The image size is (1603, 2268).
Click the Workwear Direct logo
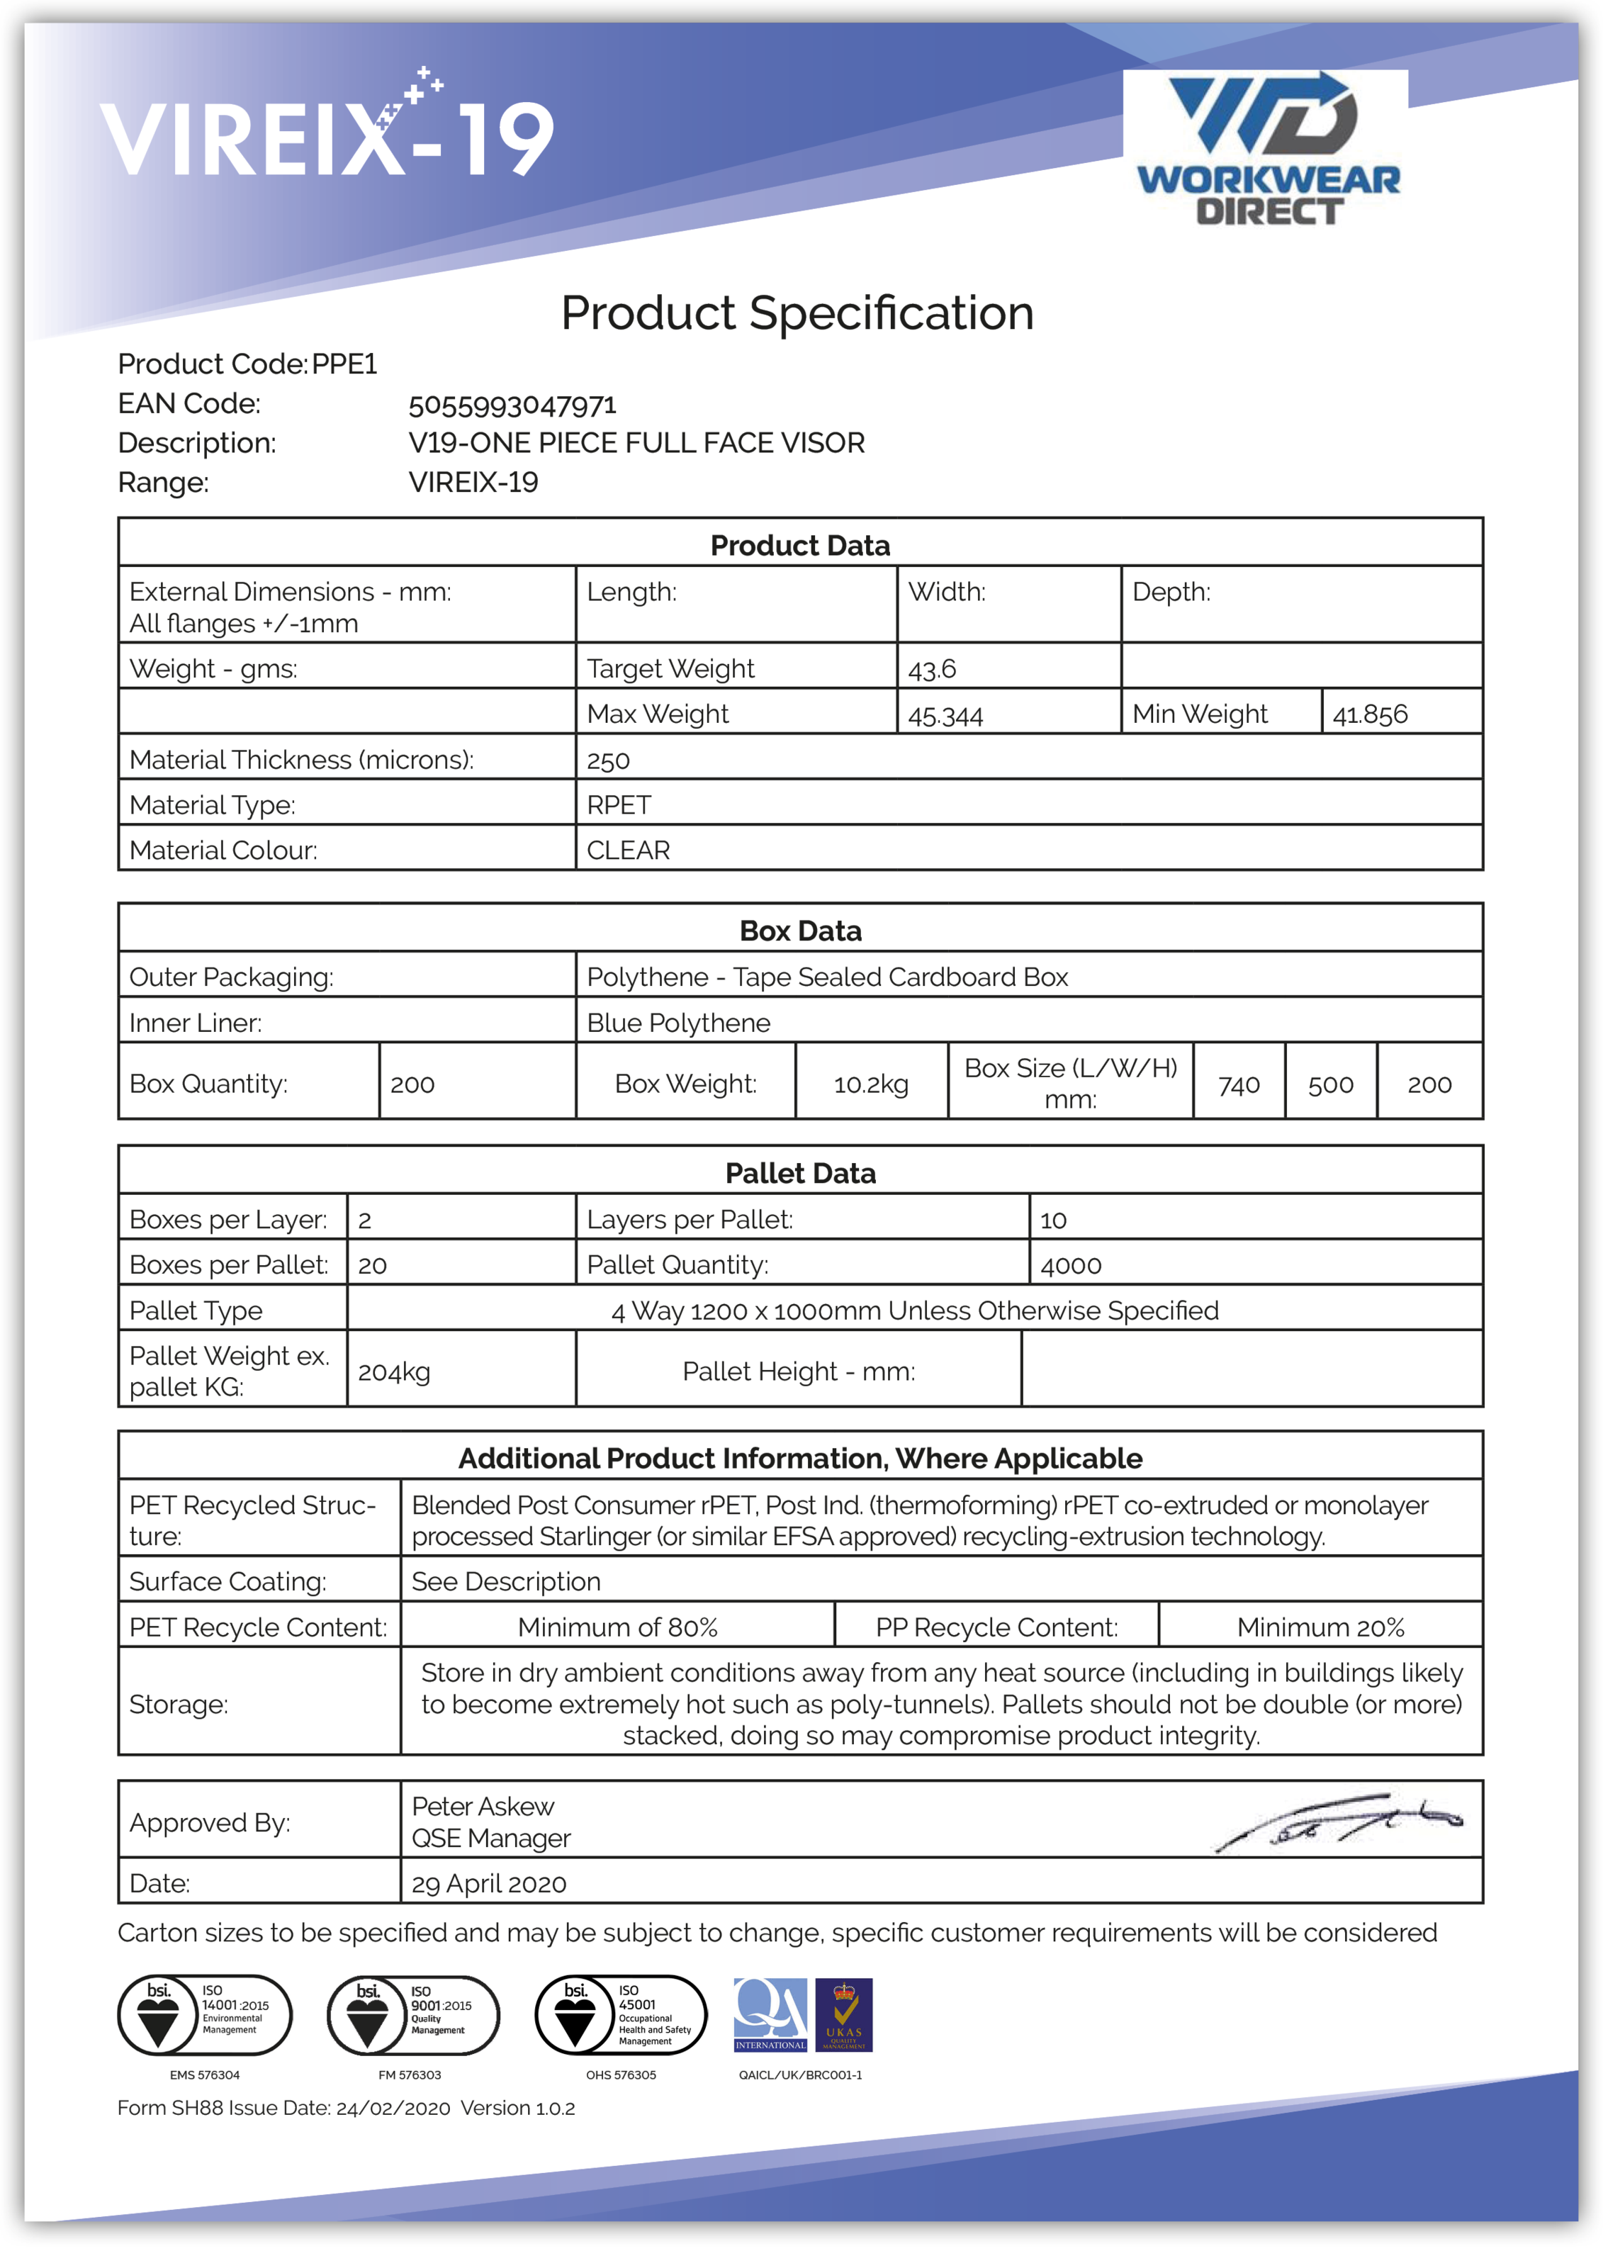[x=1267, y=148]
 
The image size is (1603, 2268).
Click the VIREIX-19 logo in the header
[x=327, y=133]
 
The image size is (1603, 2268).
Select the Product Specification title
[x=797, y=313]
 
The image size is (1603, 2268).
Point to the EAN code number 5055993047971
[x=512, y=405]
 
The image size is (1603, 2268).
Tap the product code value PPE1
[x=344, y=364]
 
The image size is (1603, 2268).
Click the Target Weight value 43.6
[x=933, y=669]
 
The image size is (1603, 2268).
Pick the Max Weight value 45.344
[x=945, y=714]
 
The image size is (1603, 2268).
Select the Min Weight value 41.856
[x=1370, y=714]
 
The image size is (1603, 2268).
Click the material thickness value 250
[x=609, y=760]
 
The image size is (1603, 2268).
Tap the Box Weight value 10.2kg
[x=871, y=1084]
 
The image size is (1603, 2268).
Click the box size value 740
[x=1239, y=1084]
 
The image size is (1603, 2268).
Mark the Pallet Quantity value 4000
[x=1071, y=1265]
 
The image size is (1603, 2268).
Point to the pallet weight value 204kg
[x=394, y=1372]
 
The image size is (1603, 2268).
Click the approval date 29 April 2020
[x=489, y=1884]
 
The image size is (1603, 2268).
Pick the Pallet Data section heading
[x=800, y=1174]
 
